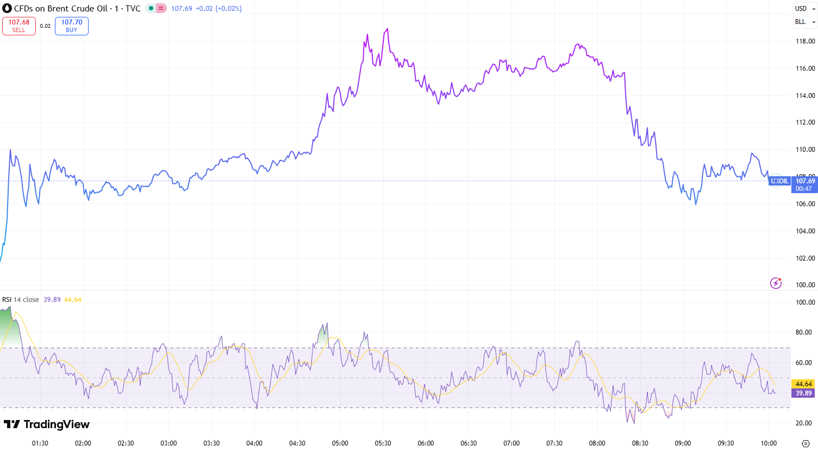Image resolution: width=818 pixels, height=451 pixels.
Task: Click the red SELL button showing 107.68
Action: click(x=19, y=26)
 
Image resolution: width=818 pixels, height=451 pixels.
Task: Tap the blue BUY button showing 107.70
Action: click(x=72, y=26)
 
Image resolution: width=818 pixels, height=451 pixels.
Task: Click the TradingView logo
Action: click(x=47, y=424)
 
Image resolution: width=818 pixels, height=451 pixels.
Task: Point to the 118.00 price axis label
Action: click(x=805, y=41)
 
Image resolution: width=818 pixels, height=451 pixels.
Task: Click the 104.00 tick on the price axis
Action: click(x=805, y=231)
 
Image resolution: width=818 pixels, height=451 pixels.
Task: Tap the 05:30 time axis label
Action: click(x=383, y=443)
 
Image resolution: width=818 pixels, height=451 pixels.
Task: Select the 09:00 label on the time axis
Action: click(x=683, y=443)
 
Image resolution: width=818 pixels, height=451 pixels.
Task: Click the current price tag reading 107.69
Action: click(x=804, y=184)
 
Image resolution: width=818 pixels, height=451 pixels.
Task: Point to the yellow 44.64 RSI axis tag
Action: click(x=803, y=384)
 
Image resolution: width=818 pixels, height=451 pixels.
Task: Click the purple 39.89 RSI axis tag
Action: click(x=803, y=393)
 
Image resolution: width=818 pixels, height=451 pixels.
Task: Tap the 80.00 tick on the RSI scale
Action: click(x=805, y=332)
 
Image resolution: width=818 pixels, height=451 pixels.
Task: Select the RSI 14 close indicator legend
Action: click(x=21, y=300)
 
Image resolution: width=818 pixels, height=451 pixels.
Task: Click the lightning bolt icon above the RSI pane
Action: click(x=776, y=283)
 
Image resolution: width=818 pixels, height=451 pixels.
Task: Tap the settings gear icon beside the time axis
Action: click(x=805, y=443)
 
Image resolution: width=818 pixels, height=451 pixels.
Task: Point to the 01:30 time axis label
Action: click(x=40, y=443)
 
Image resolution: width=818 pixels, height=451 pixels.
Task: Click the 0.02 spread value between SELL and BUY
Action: click(x=45, y=26)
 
